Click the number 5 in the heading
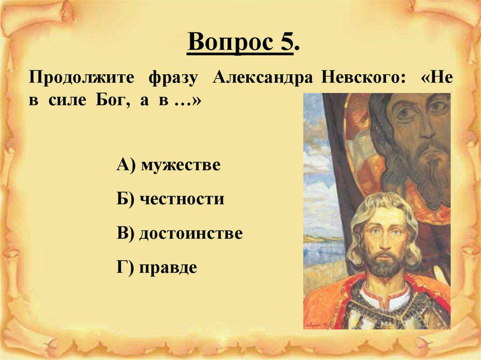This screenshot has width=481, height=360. pyautogui.click(x=286, y=42)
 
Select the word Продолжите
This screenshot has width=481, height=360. pyautogui.click(x=81, y=78)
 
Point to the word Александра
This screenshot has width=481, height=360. pyautogui.click(x=263, y=78)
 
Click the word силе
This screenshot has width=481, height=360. pyautogui.click(x=67, y=101)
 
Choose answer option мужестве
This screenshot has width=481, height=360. pyautogui.click(x=181, y=165)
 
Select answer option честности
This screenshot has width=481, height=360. pyautogui.click(x=182, y=199)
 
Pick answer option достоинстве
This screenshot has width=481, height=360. pyautogui.click(x=191, y=233)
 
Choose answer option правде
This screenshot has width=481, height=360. pyautogui.click(x=168, y=268)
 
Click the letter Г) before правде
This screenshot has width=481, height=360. pyautogui.click(x=125, y=268)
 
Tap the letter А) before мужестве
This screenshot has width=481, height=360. pyautogui.click(x=126, y=164)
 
